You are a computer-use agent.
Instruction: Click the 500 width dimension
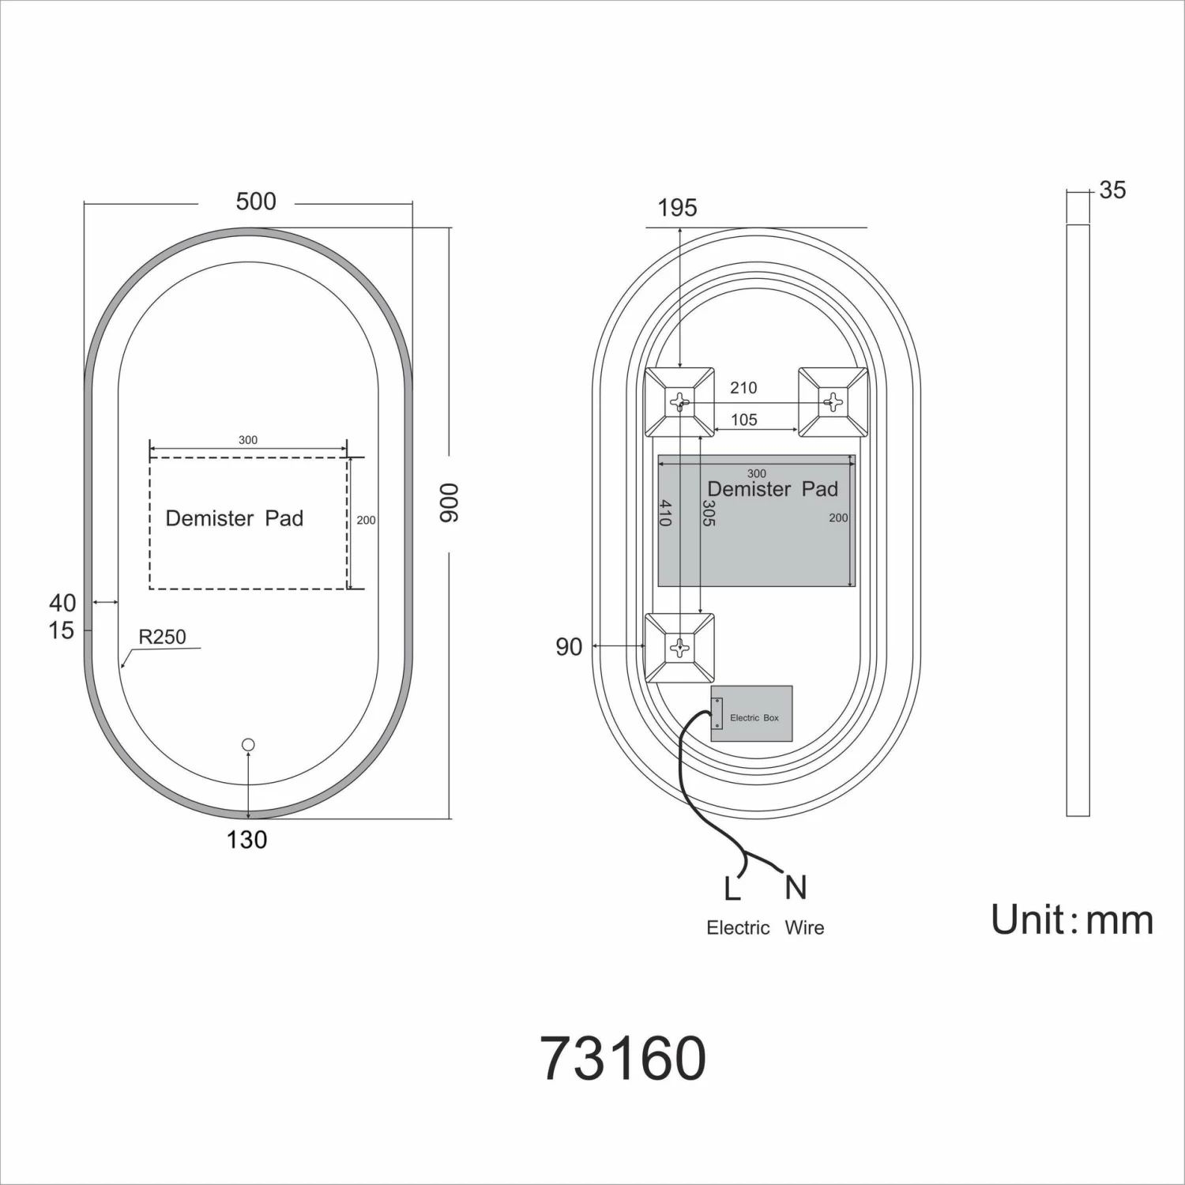[x=256, y=201]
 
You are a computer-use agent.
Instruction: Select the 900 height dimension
[x=448, y=502]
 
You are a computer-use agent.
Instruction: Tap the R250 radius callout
[x=162, y=637]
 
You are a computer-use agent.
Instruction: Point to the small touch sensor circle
[x=249, y=744]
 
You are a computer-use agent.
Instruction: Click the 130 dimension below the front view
[x=246, y=840]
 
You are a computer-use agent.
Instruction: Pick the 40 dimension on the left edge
[x=62, y=603]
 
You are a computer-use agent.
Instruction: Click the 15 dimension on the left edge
[x=61, y=630]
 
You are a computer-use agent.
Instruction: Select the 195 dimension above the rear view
[x=677, y=208]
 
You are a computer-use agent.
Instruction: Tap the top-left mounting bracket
[x=679, y=402]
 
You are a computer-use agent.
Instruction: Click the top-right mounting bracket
[x=833, y=402]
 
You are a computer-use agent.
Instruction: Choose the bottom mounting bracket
[x=679, y=648]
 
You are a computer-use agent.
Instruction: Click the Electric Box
[x=751, y=713]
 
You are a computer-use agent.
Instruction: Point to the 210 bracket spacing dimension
[x=743, y=388]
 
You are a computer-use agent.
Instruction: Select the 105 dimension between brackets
[x=744, y=419]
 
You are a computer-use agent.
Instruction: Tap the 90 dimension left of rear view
[x=569, y=647]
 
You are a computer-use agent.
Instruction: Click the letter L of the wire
[x=732, y=890]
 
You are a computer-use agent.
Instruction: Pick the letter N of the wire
[x=796, y=888]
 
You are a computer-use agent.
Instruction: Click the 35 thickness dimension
[x=1112, y=190]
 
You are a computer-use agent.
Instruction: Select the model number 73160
[x=623, y=1059]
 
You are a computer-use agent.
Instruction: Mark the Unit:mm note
[x=1072, y=920]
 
